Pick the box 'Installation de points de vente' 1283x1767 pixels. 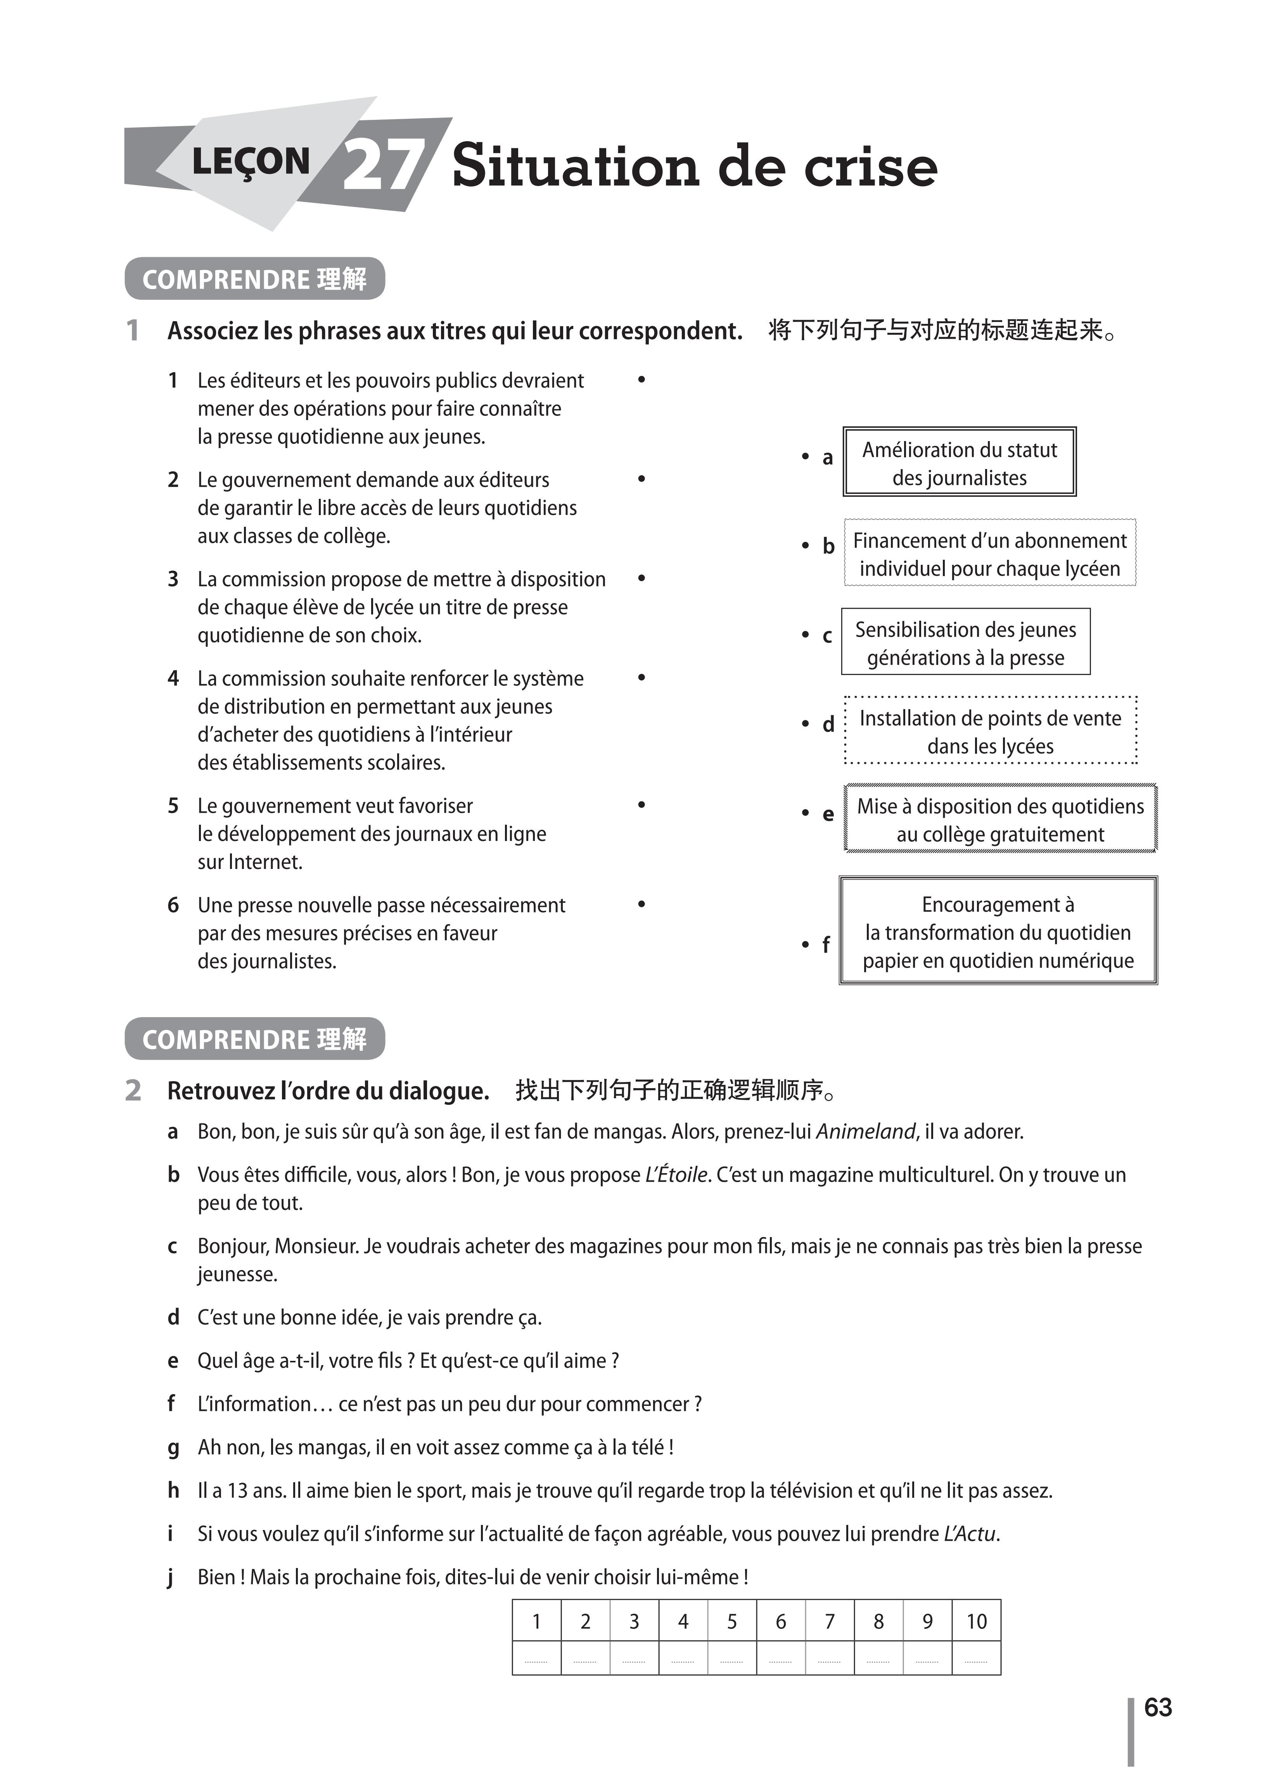pyautogui.click(x=990, y=731)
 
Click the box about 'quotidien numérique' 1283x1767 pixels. pyautogui.click(x=998, y=932)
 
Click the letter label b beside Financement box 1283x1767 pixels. pyautogui.click(x=828, y=546)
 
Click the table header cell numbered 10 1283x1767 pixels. pyautogui.click(x=976, y=1621)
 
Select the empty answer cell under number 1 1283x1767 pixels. pyautogui.click(x=536, y=1658)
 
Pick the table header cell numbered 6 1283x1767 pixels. pyautogui.click(x=781, y=1621)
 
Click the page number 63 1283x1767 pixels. pyautogui.click(x=1158, y=1707)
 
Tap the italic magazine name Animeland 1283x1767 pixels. pyautogui.click(x=865, y=1131)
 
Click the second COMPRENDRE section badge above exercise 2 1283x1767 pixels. pyautogui.click(x=255, y=1039)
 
